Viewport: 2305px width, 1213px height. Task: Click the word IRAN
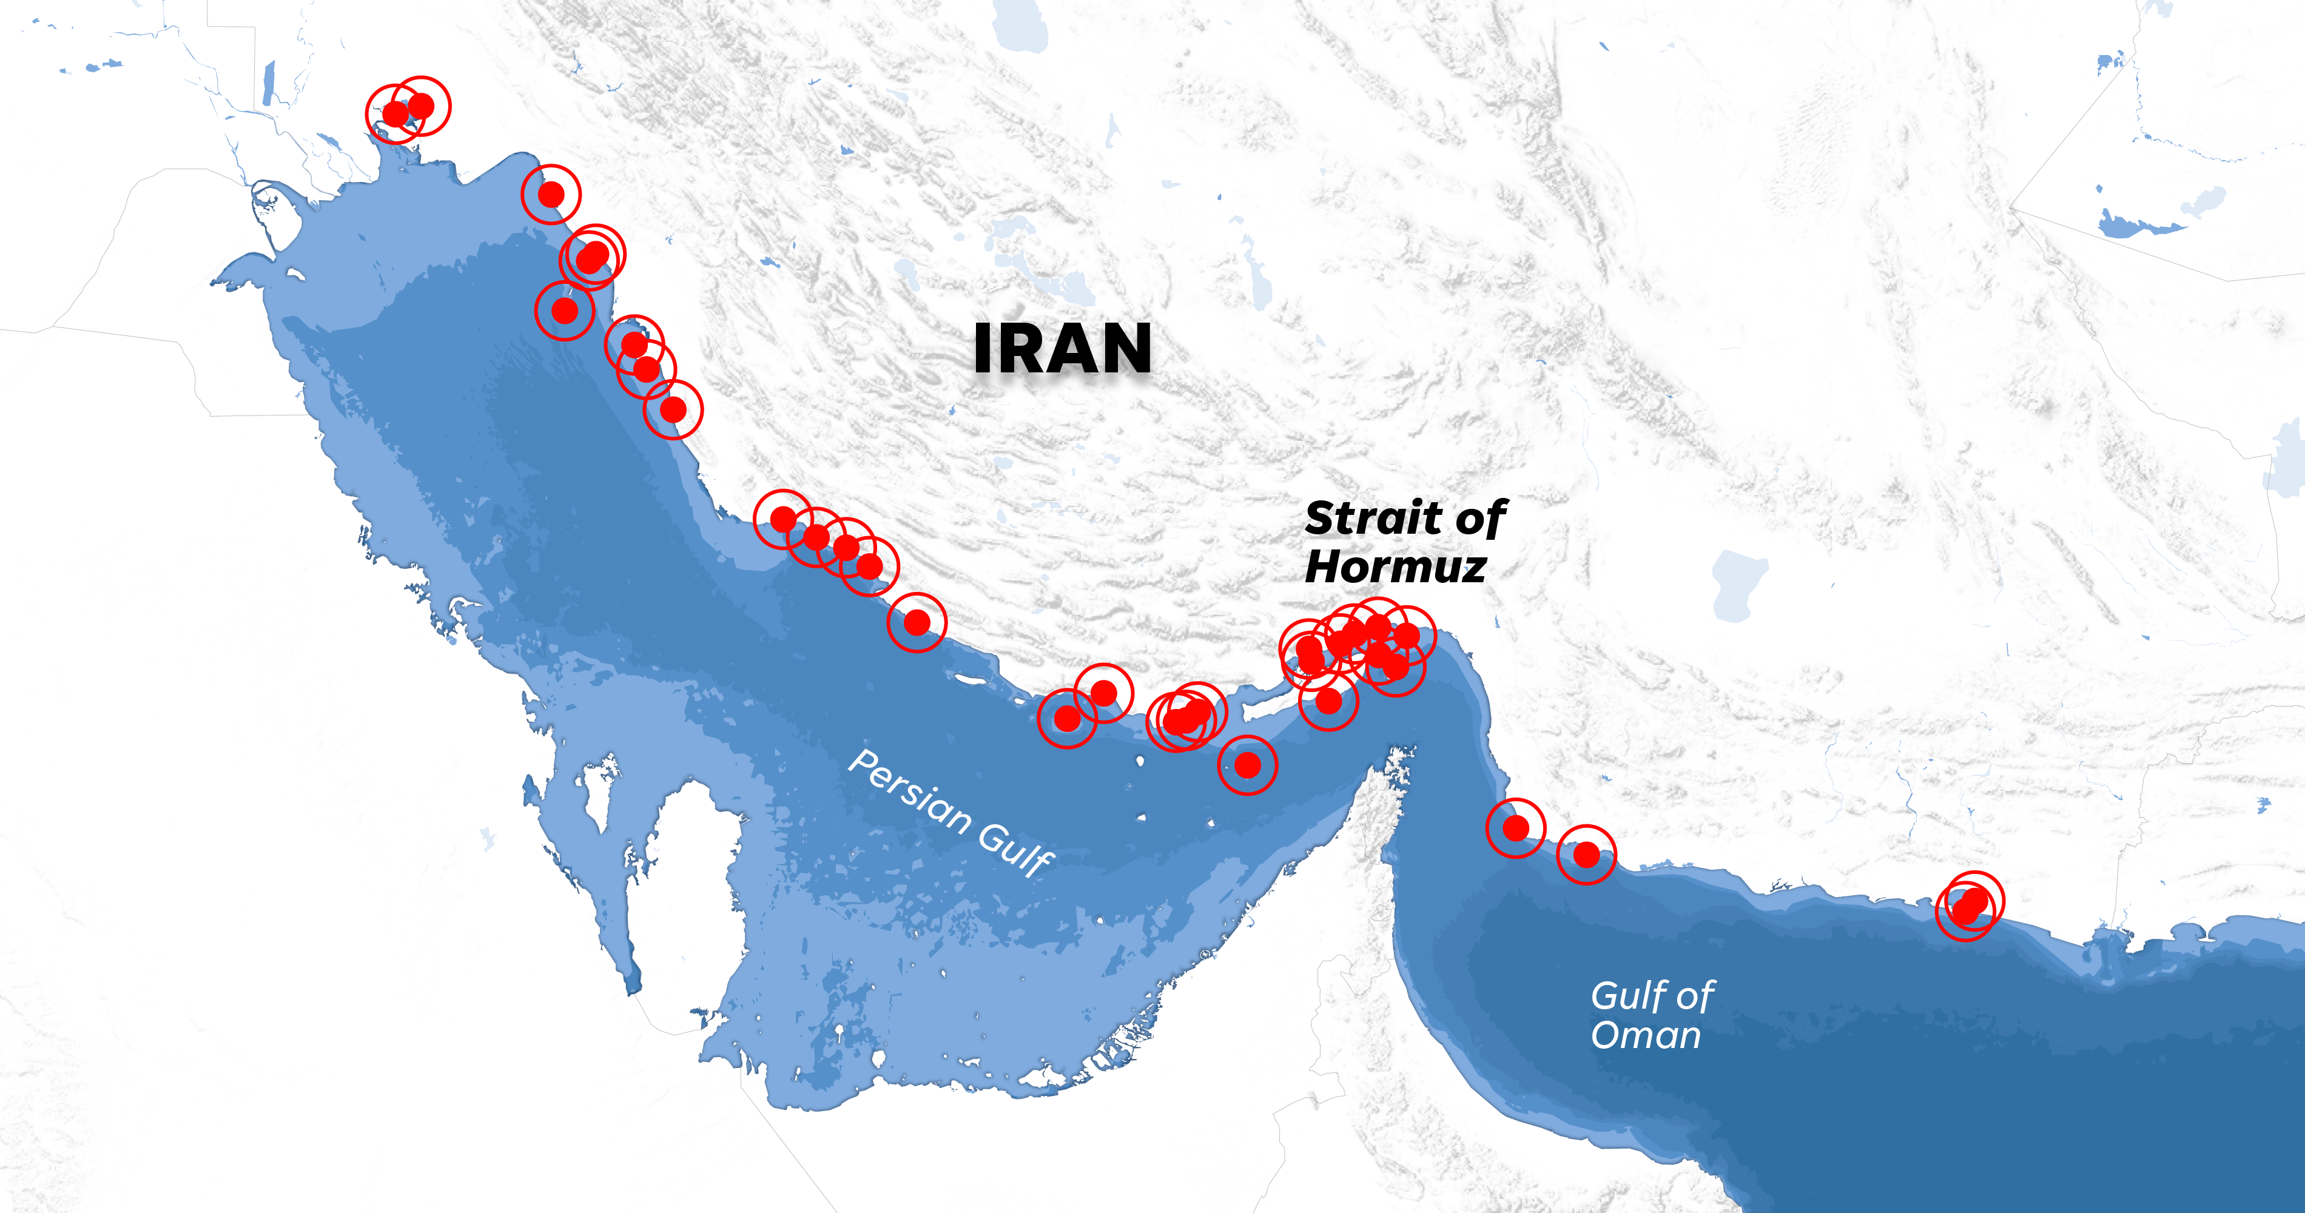(x=1062, y=349)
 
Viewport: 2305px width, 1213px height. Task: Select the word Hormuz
(x=1396, y=567)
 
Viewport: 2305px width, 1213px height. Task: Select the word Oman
(x=1646, y=1036)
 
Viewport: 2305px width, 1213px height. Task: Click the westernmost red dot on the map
(x=395, y=113)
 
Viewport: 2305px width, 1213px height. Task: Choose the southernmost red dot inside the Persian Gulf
(x=1247, y=765)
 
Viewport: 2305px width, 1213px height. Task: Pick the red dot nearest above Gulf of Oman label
(x=1586, y=855)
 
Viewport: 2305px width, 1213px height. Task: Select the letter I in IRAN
(x=983, y=349)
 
